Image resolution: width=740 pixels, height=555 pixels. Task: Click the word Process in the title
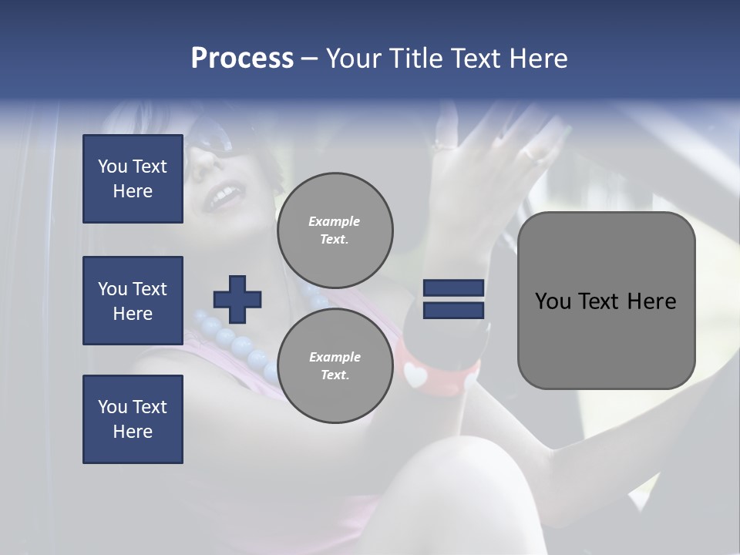(x=242, y=59)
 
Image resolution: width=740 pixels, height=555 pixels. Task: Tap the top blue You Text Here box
(x=133, y=179)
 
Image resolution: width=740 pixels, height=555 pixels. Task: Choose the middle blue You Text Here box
(x=133, y=301)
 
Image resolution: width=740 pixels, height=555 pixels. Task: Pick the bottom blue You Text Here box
(x=133, y=419)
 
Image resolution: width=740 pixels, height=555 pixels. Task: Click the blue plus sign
(x=237, y=299)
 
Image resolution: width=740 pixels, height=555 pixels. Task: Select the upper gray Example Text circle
(x=335, y=230)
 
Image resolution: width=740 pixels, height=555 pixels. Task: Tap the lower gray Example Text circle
(x=335, y=365)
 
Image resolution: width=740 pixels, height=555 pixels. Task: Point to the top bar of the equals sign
(x=453, y=288)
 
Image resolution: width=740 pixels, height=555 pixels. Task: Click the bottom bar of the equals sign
(x=453, y=310)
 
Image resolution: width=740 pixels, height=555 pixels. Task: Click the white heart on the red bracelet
(x=415, y=375)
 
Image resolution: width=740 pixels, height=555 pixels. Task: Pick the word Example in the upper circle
(x=335, y=221)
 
